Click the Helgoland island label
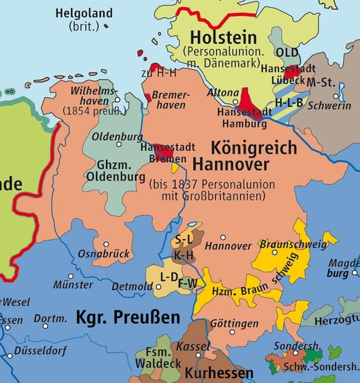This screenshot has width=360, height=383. [84, 13]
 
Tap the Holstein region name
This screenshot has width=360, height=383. [223, 38]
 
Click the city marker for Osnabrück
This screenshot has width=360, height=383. [106, 244]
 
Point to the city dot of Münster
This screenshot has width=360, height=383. [70, 276]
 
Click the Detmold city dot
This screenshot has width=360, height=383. [159, 287]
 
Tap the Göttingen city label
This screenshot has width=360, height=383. [234, 323]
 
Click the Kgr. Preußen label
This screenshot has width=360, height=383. [128, 318]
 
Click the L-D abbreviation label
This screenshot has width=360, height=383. [168, 276]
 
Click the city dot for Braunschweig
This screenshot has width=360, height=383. [274, 252]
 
